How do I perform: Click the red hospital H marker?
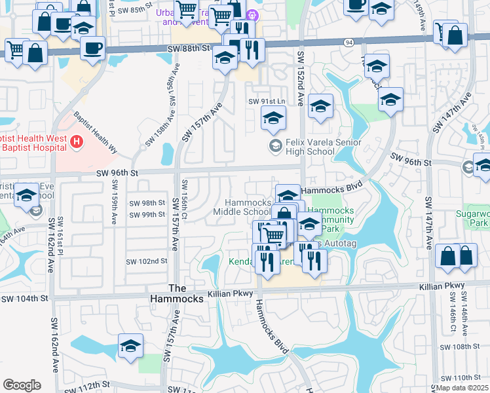tap(77, 141)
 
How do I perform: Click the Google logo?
tap(22, 385)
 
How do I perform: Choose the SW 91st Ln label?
tap(267, 102)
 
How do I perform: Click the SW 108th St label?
tap(461, 346)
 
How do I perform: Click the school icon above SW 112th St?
tap(130, 346)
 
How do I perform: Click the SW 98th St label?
tap(147, 203)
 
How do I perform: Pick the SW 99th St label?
tap(147, 214)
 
